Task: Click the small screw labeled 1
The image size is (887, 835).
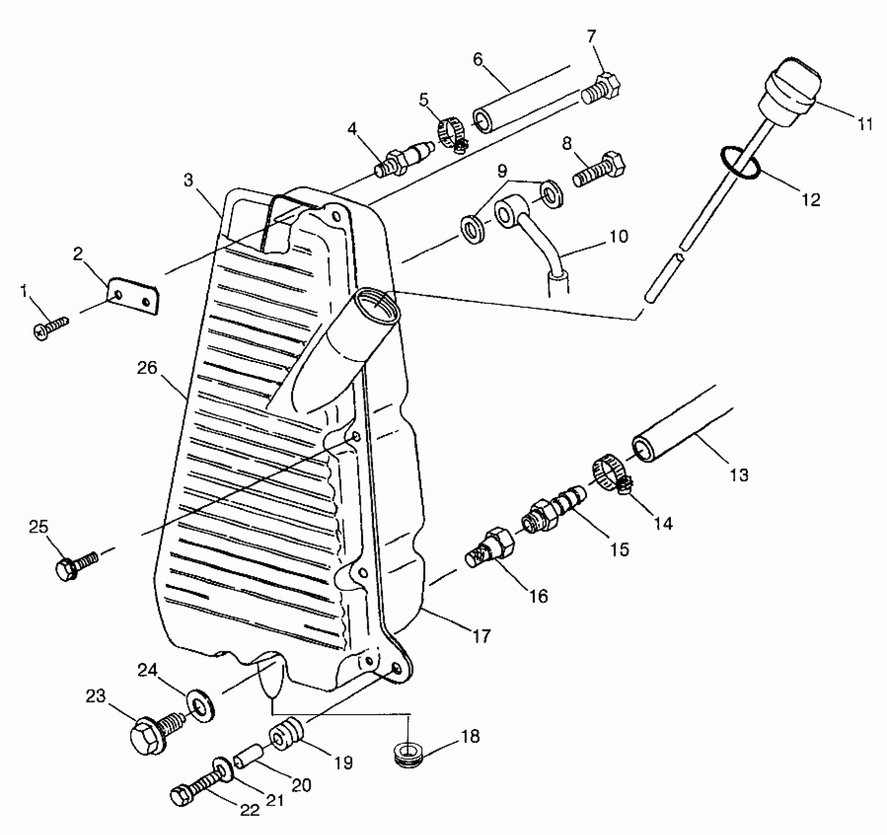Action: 50,328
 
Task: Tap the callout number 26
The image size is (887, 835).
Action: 147,368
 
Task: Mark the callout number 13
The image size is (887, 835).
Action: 739,475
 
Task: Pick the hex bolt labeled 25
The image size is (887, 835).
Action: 77,566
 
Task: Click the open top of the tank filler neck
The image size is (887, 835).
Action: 376,304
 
